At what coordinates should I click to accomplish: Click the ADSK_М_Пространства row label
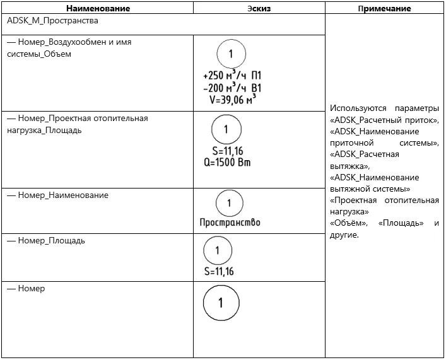tap(52, 21)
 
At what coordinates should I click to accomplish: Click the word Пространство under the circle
tap(230, 222)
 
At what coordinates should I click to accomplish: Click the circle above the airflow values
tap(231, 54)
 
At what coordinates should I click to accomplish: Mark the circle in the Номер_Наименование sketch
tap(229, 203)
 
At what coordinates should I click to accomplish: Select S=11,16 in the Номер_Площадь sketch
tap(219, 272)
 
